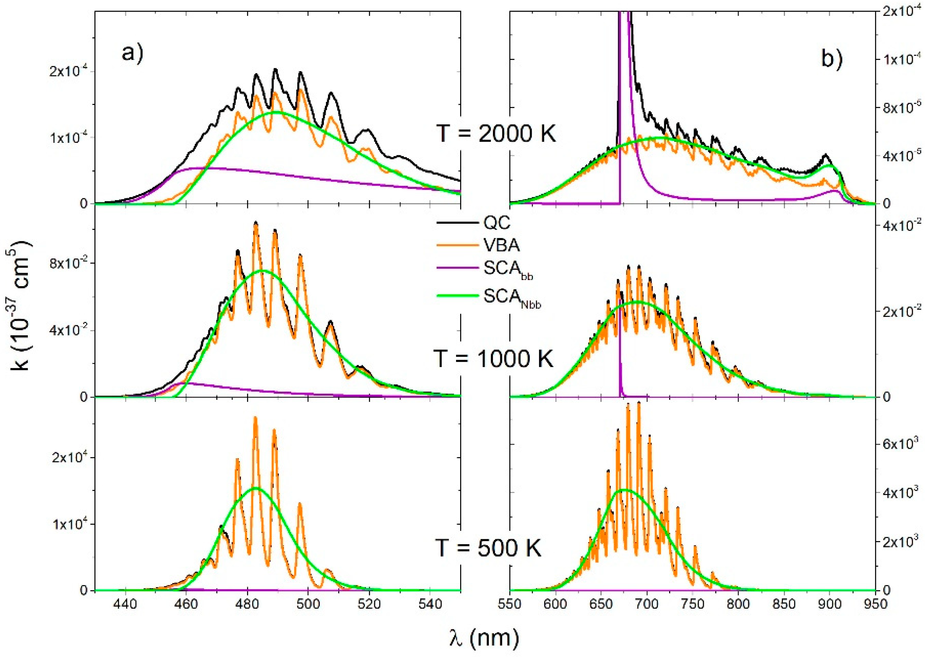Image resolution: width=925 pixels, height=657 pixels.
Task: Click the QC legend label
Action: click(x=497, y=223)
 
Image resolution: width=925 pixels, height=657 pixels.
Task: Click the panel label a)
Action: click(x=133, y=53)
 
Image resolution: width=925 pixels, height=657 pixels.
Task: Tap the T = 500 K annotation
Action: click(x=488, y=548)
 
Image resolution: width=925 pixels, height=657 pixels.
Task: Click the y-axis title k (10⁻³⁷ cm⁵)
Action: click(x=20, y=306)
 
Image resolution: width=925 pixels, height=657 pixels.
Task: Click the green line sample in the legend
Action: click(x=458, y=296)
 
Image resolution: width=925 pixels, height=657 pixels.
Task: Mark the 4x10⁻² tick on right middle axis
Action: click(x=905, y=225)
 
